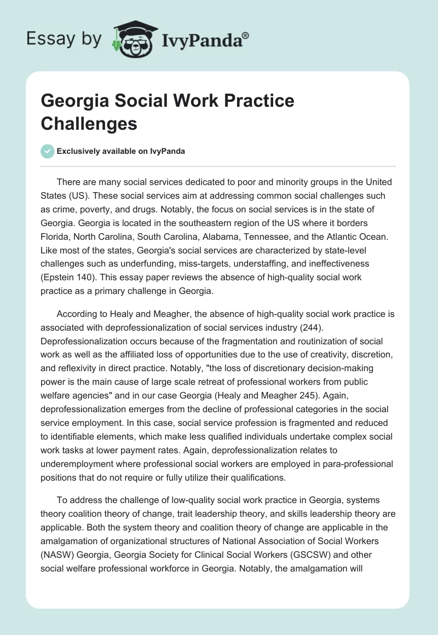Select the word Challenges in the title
tap(89, 124)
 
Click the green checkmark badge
tap(48, 151)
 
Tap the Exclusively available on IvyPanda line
tap(120, 151)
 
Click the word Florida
tap(58, 236)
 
